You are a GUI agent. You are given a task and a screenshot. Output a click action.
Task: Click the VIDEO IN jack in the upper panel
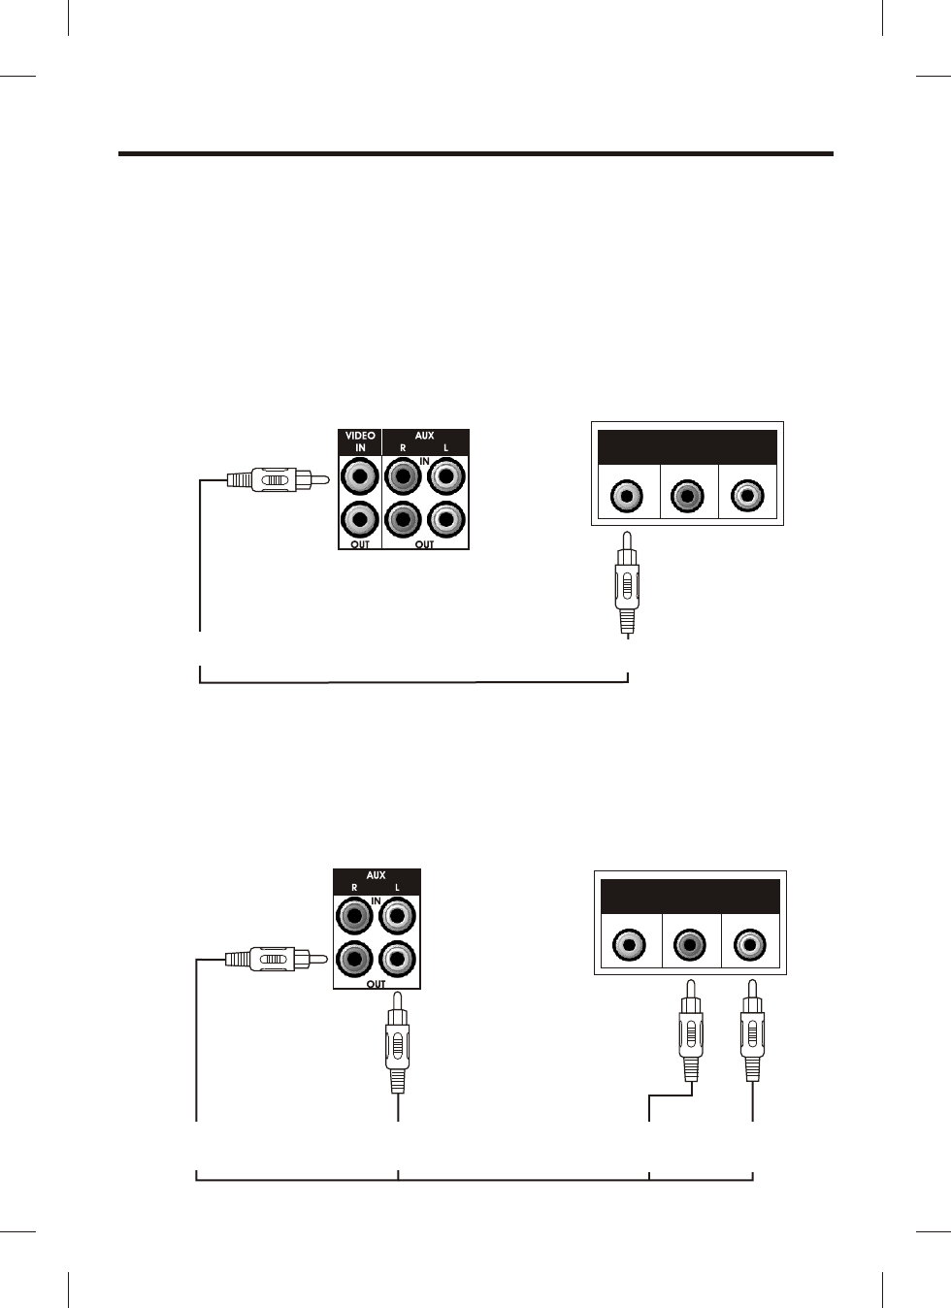pos(360,476)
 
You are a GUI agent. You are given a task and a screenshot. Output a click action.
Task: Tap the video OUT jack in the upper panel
pos(360,519)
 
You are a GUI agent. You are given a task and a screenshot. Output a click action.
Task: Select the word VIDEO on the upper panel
pos(360,437)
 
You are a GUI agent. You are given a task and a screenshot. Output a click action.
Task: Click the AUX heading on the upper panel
pos(424,437)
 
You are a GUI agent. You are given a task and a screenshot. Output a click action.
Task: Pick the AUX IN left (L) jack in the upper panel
pos(446,476)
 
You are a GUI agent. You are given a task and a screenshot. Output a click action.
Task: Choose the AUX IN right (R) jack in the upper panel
pos(403,476)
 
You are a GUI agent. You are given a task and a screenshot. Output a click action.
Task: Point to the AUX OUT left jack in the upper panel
pos(446,519)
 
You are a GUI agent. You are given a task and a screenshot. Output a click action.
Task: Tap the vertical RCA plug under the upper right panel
pos(627,583)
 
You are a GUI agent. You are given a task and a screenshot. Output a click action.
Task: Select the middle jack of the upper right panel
pos(688,496)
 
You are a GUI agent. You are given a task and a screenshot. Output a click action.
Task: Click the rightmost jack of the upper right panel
pos(747,496)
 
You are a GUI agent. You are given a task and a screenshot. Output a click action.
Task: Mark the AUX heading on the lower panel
pos(376,875)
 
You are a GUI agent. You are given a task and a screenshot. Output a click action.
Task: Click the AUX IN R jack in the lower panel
pos(354,915)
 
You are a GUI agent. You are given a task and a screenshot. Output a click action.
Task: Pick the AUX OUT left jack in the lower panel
pos(397,960)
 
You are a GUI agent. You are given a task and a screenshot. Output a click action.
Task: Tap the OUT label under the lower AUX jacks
pos(376,983)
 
